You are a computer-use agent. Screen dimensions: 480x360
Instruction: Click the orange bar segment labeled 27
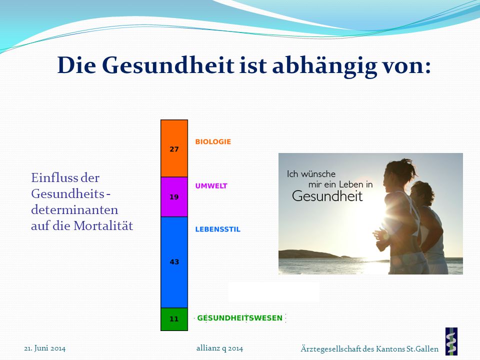[x=174, y=148]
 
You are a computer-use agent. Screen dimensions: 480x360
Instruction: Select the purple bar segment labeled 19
[x=174, y=197]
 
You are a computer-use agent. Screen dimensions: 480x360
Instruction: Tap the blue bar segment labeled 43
[x=174, y=262]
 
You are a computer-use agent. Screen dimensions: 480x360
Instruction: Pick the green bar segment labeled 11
[x=174, y=319]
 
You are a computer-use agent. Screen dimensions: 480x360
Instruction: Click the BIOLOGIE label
[x=213, y=141]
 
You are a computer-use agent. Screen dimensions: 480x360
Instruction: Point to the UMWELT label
[x=211, y=186]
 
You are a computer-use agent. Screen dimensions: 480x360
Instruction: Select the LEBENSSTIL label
[x=218, y=229]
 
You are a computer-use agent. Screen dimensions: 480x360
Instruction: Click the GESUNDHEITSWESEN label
[x=239, y=318]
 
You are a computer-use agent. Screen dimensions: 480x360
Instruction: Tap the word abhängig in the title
[x=324, y=66]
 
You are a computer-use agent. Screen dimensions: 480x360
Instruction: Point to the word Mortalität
[x=103, y=226]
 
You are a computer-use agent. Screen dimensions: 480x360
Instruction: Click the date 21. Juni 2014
[x=44, y=348]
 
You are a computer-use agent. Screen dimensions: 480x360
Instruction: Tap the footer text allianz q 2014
[x=220, y=348]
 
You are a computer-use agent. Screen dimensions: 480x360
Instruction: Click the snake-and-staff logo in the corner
[x=451, y=341]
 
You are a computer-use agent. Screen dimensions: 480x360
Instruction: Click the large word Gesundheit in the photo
[x=327, y=196]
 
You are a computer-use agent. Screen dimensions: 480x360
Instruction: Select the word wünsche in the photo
[x=318, y=174]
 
